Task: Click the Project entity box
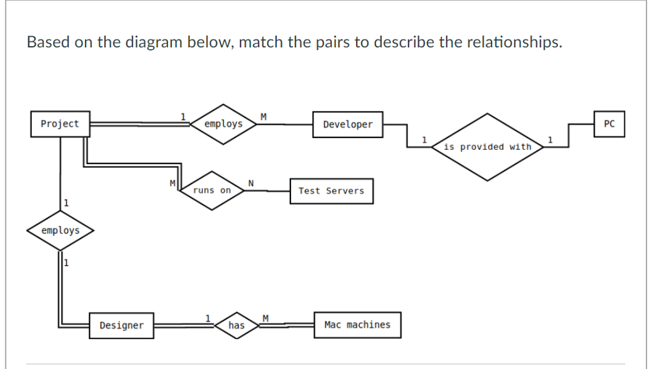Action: point(60,124)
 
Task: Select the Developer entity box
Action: point(348,125)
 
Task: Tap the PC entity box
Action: point(609,124)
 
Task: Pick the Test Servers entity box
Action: point(331,191)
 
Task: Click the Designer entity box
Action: point(121,325)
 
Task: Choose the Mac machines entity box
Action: point(357,324)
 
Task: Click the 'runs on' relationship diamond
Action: point(212,191)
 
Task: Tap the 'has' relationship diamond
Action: point(237,325)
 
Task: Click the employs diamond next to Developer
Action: point(223,124)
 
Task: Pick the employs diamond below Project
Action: point(60,231)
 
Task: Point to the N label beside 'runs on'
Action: point(250,184)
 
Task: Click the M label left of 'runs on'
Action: point(172,184)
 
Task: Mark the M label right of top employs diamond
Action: point(263,116)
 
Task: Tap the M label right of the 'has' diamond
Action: point(265,317)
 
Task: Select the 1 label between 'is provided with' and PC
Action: point(550,139)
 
